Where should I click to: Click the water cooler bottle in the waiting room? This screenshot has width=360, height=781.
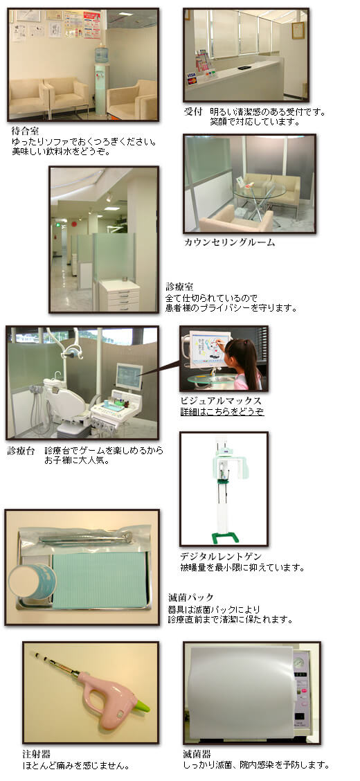point(101,53)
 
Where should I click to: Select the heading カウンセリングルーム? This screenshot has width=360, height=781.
point(228,242)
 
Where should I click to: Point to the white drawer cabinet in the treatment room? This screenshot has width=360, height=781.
point(118,295)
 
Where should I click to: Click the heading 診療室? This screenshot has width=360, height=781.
point(179,286)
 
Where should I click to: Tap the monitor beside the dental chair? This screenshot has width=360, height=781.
point(128,377)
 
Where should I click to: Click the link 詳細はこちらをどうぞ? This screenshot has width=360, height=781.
point(222,411)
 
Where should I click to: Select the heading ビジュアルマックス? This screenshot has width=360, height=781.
point(220,401)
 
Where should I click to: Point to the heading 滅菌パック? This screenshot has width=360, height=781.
point(191,597)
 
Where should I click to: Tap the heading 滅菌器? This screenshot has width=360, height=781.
point(197,753)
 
